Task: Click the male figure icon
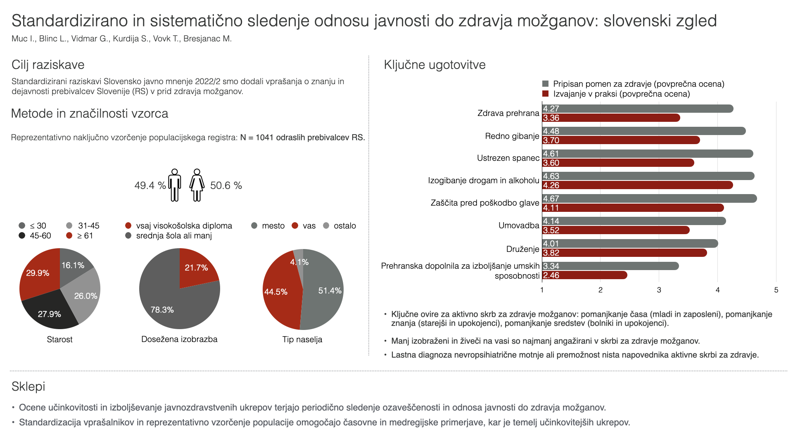tap(175, 185)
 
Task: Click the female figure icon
tap(197, 185)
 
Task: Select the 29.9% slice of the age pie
tap(39, 273)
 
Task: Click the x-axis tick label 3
tap(659, 290)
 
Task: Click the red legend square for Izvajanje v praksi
tap(546, 94)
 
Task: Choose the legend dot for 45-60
tap(22, 236)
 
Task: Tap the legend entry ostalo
tap(344, 226)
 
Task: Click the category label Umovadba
tap(519, 225)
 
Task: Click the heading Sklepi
tap(28, 387)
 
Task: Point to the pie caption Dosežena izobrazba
tap(179, 339)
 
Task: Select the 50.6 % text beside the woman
tap(226, 185)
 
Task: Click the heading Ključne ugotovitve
tap(434, 65)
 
